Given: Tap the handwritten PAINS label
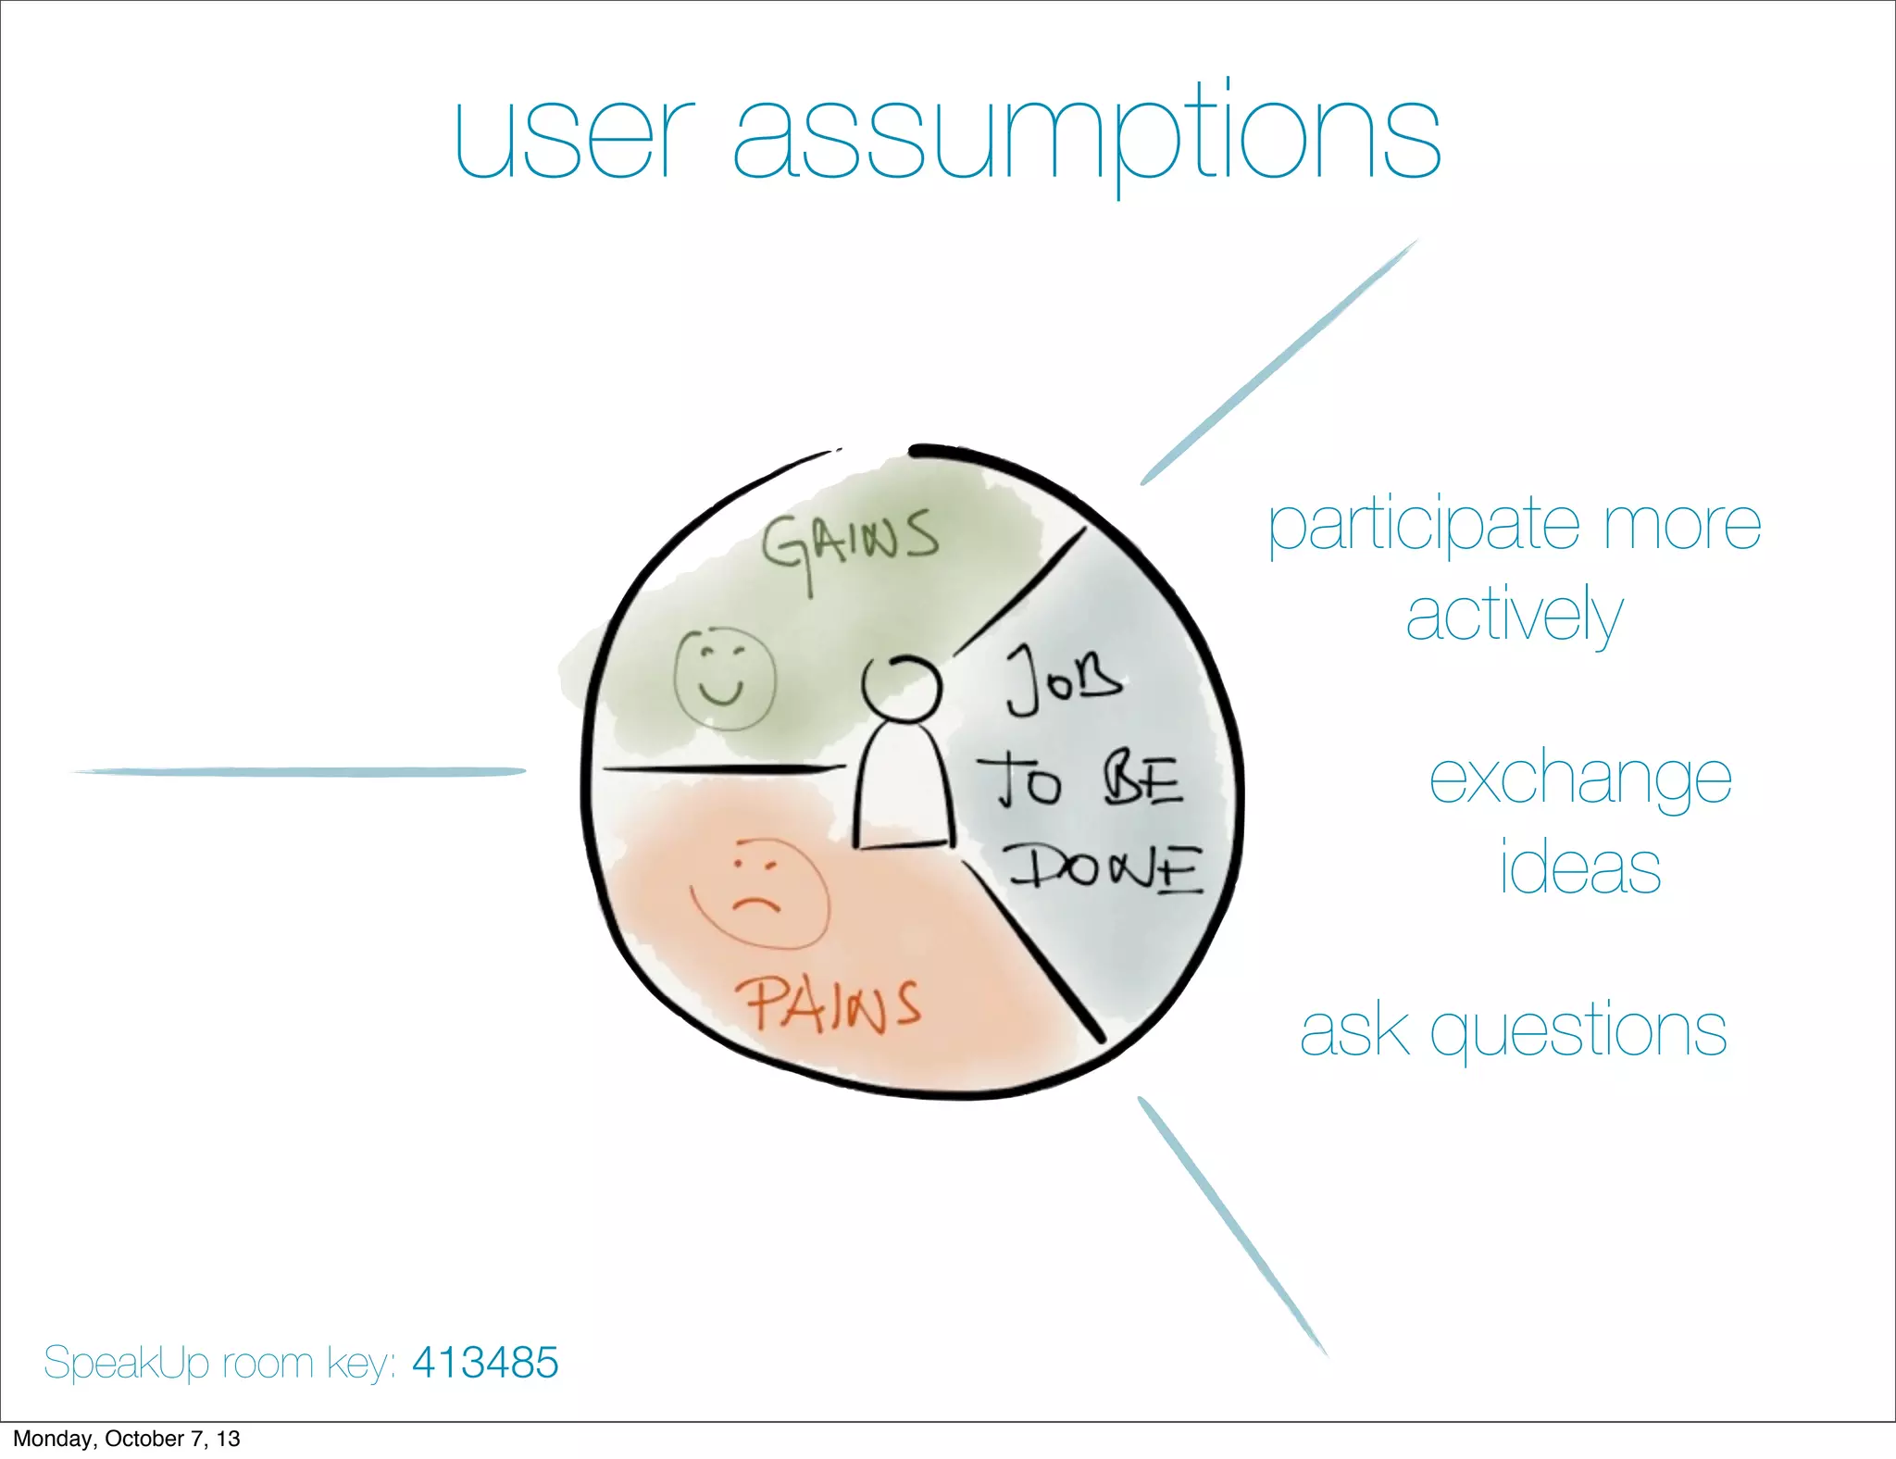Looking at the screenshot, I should (827, 1006).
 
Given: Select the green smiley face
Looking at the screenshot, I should (723, 679).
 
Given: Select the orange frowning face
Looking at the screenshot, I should (759, 894).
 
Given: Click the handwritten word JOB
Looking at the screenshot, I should (1064, 680).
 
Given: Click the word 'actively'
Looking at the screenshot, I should (1514, 616).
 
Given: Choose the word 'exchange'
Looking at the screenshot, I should (1579, 780).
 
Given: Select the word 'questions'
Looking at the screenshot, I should (1578, 1030).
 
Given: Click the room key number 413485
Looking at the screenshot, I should (485, 1362).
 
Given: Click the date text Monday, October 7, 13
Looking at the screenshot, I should (127, 1439).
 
